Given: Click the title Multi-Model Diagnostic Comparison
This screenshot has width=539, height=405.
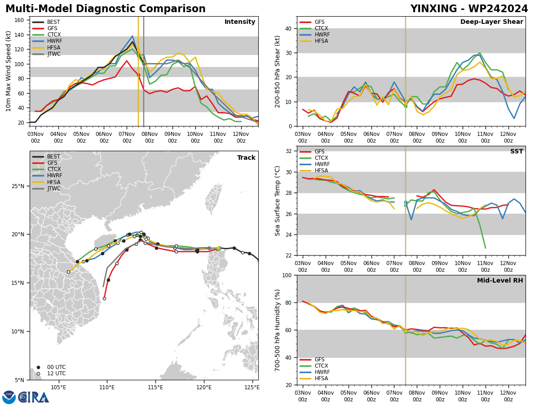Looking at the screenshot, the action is point(106,9).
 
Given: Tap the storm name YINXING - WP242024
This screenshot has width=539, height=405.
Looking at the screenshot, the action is point(469,9).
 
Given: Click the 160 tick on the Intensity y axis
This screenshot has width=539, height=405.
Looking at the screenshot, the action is point(19,20).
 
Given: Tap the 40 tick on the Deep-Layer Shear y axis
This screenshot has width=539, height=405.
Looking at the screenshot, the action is point(288,28).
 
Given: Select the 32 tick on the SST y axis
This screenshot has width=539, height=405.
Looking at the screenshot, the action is point(288,151).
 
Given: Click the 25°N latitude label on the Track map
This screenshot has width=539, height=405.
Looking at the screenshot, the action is point(18,186).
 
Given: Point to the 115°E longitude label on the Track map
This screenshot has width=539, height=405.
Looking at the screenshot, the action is point(156,388).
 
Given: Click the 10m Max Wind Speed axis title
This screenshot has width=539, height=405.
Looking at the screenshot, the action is point(8,71).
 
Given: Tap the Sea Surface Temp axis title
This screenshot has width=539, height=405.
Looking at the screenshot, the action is point(277,201).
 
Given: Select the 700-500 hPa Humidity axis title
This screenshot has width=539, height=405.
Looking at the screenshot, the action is point(277,330).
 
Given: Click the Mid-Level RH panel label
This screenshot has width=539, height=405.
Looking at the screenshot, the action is point(500,280).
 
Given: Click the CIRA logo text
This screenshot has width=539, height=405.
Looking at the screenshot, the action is point(34,397).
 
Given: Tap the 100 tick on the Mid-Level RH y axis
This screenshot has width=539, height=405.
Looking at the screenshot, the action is point(287,275).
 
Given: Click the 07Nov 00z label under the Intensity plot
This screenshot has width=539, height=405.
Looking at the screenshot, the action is point(127,137).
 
